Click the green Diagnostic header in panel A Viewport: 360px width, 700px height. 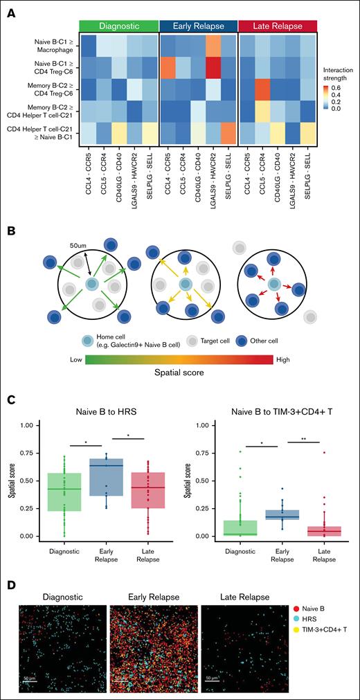click(x=120, y=26)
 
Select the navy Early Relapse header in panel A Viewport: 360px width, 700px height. click(x=198, y=26)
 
